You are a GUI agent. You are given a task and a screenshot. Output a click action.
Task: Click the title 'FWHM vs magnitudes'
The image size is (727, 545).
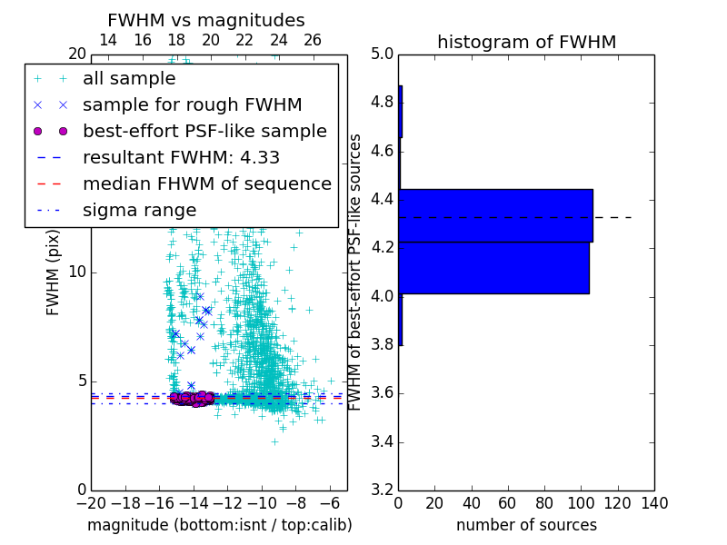206,20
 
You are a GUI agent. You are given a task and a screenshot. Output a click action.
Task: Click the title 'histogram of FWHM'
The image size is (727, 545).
526,42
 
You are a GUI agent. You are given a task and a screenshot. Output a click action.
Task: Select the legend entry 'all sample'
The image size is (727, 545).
129,79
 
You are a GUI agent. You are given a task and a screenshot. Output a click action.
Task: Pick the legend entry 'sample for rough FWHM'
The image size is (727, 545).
192,105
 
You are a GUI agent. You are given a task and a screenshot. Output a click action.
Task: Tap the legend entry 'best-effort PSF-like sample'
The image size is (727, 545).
204,132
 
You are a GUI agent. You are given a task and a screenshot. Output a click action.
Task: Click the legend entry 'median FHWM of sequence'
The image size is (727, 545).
206,184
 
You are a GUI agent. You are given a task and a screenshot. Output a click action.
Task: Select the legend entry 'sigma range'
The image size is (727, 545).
139,211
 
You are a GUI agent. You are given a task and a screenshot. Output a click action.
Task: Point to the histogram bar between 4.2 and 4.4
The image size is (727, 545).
495,215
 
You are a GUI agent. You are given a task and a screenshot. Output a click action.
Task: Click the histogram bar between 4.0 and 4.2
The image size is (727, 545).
493,268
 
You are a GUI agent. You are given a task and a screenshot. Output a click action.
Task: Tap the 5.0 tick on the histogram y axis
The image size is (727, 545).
382,54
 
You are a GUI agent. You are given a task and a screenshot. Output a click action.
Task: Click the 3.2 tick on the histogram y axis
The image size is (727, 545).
382,490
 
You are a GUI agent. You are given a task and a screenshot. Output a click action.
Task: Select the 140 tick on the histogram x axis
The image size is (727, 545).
654,503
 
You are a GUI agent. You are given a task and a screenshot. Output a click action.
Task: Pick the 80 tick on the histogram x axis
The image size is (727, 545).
544,503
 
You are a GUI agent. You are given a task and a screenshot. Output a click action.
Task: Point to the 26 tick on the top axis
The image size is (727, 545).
313,41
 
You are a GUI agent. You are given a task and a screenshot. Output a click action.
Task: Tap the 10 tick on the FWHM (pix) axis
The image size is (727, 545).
77,272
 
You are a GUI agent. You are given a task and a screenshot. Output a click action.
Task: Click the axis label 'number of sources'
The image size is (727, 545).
526,525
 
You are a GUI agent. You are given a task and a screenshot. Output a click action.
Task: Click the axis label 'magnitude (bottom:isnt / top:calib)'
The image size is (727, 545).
219,525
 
